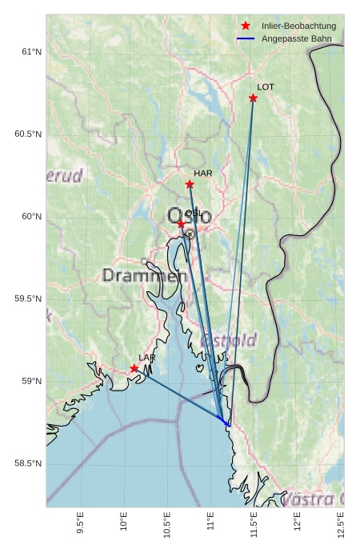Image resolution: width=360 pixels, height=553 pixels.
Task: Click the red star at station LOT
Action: tap(253, 98)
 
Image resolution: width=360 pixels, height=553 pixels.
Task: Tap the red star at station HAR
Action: tap(190, 184)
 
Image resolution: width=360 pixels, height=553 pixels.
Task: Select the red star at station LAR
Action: tap(134, 368)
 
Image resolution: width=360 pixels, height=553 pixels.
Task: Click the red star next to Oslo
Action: tap(182, 224)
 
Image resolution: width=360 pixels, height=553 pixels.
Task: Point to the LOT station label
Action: tap(266, 86)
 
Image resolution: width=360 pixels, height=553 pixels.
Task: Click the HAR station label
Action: tap(202, 173)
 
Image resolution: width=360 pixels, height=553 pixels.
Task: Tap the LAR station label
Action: tap(147, 357)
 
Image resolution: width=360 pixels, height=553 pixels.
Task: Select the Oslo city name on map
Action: tap(190, 215)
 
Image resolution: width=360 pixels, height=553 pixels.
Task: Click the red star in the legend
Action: tap(246, 26)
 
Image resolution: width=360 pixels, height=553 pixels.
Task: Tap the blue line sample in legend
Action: tap(246, 38)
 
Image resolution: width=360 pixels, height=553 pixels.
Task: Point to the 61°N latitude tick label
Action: tap(30, 52)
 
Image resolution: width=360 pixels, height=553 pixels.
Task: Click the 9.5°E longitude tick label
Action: tap(80, 523)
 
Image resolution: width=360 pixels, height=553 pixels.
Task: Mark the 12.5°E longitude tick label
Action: tap(341, 525)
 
